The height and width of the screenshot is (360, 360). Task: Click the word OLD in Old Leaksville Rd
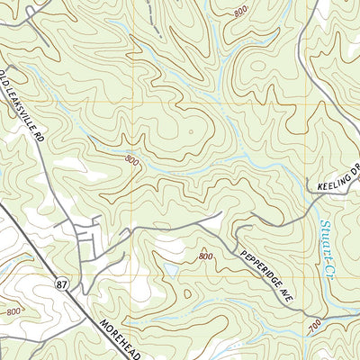coord(6,76)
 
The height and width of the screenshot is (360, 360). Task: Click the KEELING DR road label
coord(337,177)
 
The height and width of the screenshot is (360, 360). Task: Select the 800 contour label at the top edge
coord(239,12)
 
